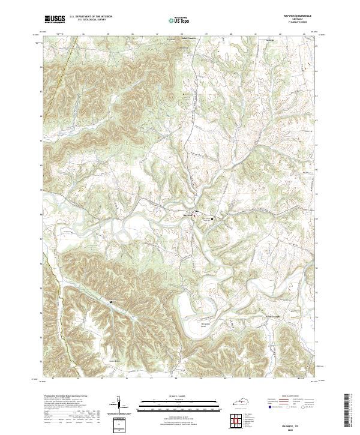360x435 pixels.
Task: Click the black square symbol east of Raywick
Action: coord(212,220)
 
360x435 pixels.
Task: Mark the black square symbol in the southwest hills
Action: coord(110,301)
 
